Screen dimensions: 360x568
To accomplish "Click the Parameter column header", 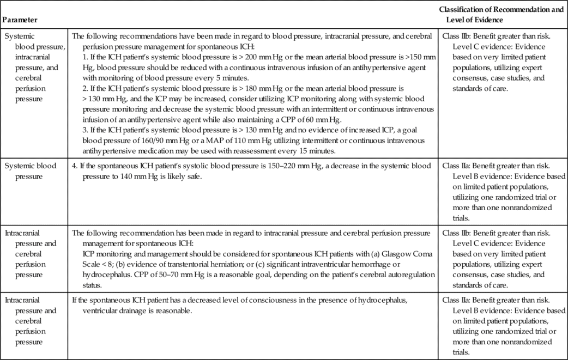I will (20, 20).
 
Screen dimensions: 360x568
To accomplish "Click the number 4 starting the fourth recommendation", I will (75, 166).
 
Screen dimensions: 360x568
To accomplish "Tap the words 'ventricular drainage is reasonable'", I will (137, 311).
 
